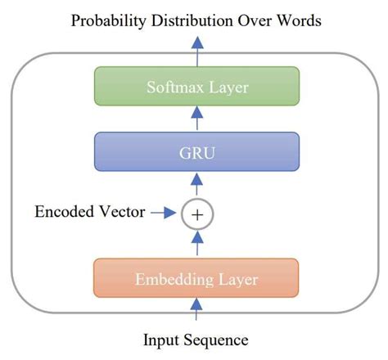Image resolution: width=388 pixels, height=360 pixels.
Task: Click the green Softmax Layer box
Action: tap(196, 86)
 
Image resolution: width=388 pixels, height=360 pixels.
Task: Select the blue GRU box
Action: tap(196, 151)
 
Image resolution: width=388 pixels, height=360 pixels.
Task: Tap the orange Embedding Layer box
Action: tap(196, 280)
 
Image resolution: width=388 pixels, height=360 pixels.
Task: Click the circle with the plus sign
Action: tap(196, 214)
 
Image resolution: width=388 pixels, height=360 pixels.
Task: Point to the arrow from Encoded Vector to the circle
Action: tap(165, 214)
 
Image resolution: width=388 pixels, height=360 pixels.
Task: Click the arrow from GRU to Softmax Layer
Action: tap(196, 119)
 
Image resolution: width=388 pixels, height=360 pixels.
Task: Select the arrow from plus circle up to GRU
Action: tap(196, 186)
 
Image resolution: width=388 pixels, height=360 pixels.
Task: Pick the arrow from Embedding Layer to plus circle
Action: tap(196, 244)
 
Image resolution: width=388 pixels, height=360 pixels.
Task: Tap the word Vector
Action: tap(120, 214)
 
